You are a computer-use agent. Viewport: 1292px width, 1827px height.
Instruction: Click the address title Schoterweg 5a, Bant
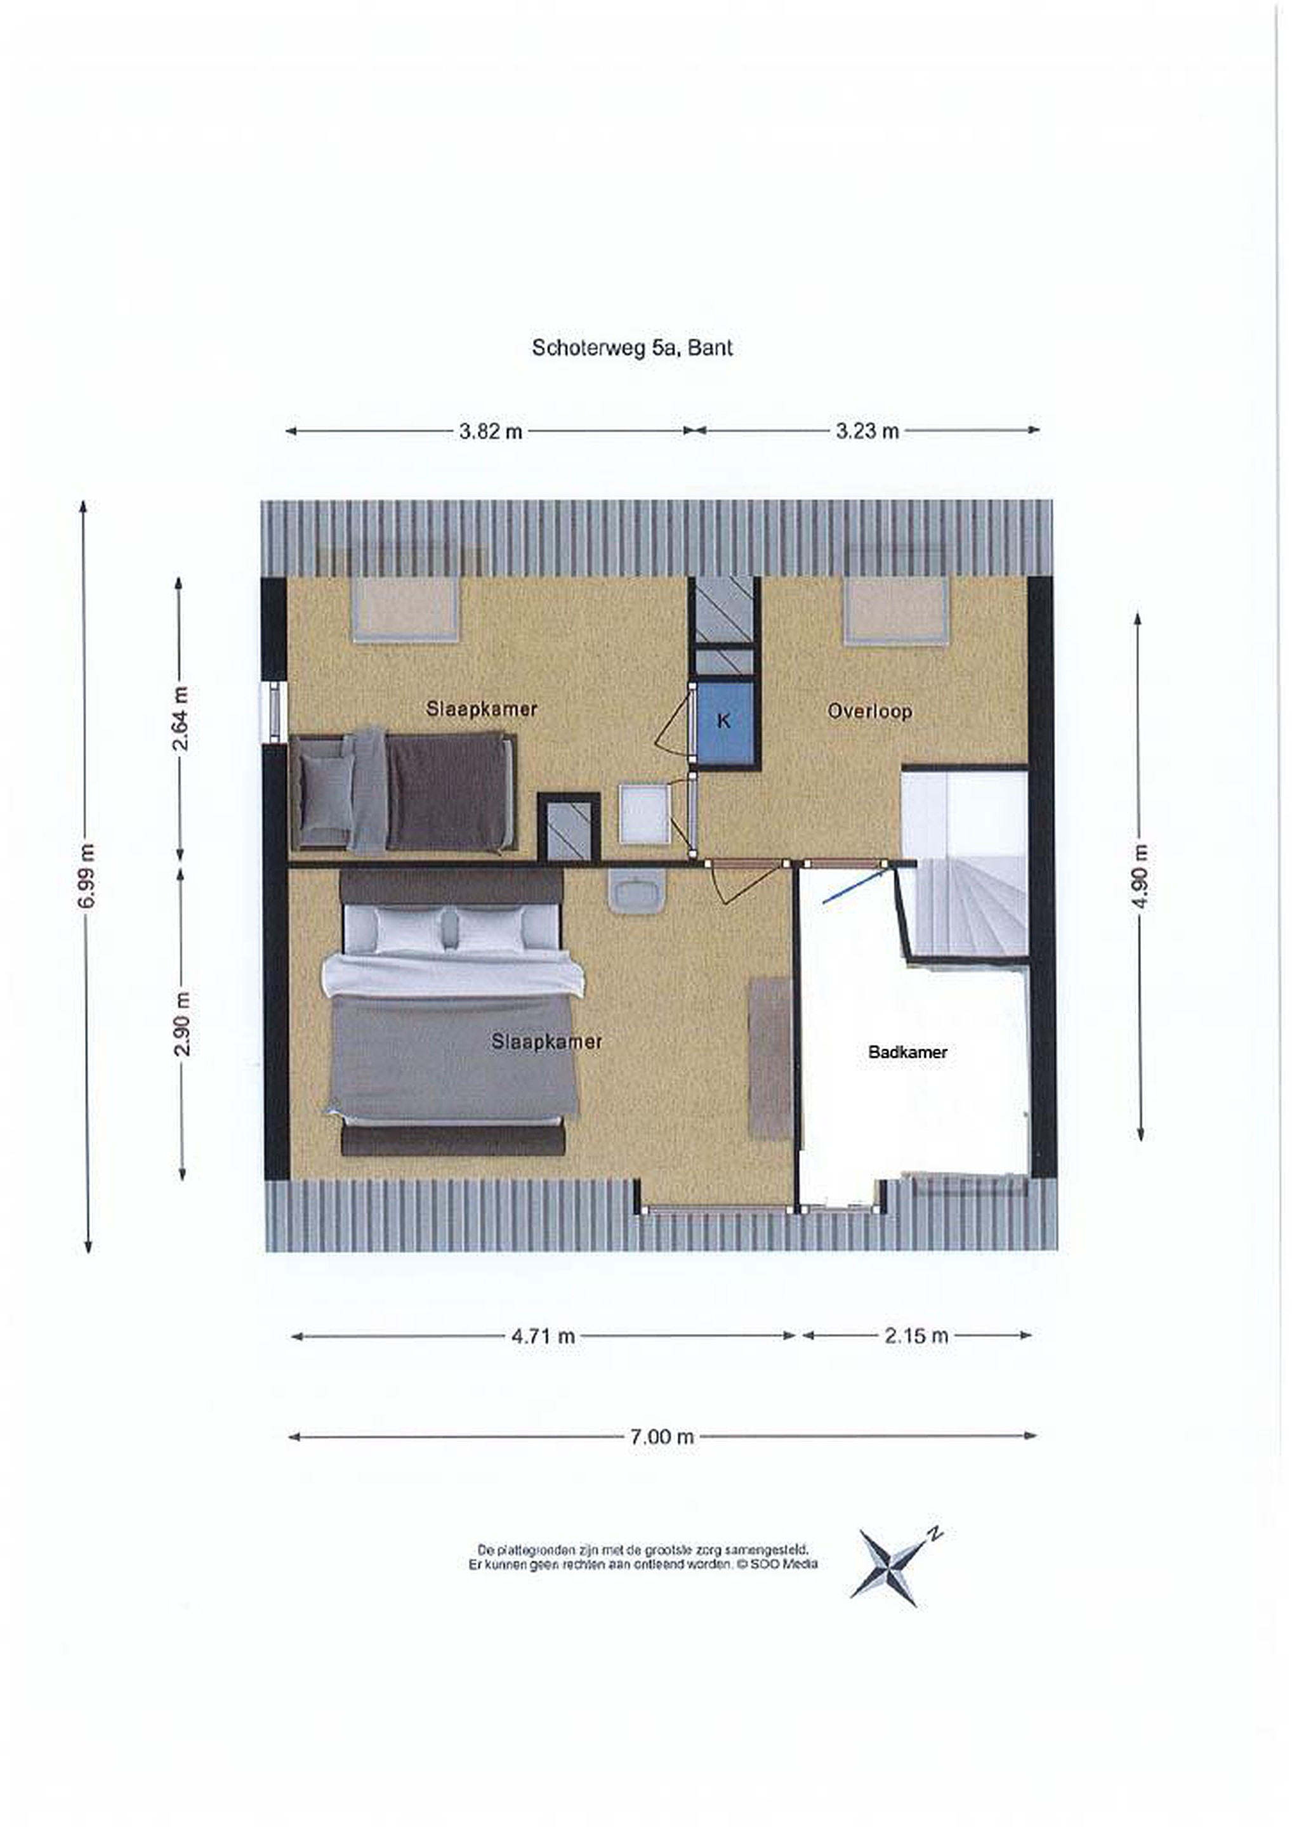(x=632, y=348)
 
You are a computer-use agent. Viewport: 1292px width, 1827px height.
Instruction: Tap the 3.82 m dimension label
(x=491, y=431)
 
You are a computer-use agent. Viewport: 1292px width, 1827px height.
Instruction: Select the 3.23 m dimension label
(x=867, y=431)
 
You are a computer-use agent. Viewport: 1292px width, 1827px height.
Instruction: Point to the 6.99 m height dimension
(x=87, y=875)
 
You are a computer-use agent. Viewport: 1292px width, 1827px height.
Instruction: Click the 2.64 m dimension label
(x=181, y=719)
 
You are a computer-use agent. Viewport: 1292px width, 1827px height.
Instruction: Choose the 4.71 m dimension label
(x=543, y=1336)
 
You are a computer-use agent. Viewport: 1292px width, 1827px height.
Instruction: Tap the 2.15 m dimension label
(x=916, y=1335)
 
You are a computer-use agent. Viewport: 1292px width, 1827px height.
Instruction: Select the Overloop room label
(x=869, y=711)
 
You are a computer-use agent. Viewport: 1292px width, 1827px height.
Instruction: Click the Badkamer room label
(x=907, y=1052)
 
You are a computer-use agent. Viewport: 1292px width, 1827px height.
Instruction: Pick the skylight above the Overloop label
(x=897, y=610)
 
